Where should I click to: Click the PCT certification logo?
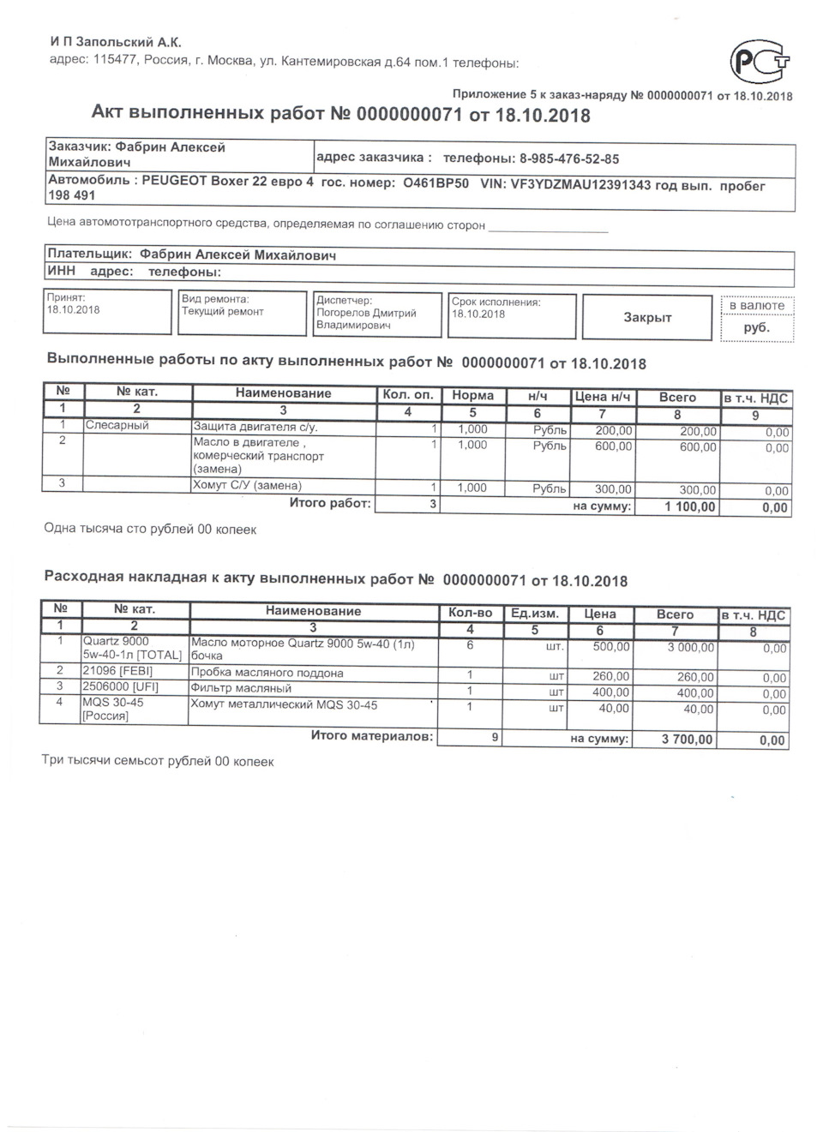[x=759, y=62]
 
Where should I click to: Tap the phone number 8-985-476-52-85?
[x=569, y=159]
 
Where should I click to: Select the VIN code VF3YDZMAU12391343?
[x=578, y=184]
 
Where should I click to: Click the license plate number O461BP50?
[x=436, y=183]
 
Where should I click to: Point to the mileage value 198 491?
[x=72, y=196]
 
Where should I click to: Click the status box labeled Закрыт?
[x=647, y=318]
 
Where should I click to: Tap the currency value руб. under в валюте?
[x=756, y=327]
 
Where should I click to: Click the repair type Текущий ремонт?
[x=223, y=312]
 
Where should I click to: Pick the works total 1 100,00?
[x=689, y=507]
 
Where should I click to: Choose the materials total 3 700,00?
[x=687, y=740]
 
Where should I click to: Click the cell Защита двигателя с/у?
[x=255, y=427]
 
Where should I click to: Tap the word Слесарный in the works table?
[x=117, y=426]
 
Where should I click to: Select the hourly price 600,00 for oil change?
[x=613, y=446]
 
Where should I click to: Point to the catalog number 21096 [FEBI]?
[x=117, y=672]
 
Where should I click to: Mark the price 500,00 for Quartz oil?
[x=610, y=648]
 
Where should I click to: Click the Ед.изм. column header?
[x=534, y=614]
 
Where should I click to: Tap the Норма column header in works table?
[x=472, y=395]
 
